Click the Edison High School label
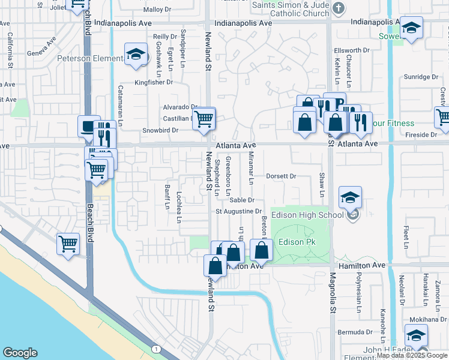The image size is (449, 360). [307, 215]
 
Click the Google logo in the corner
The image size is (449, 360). [20, 353]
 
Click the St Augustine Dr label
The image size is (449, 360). [239, 211]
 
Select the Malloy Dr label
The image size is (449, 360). [157, 10]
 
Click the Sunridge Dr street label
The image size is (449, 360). [421, 77]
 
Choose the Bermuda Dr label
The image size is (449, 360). [351, 332]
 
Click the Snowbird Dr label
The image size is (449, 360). [161, 130]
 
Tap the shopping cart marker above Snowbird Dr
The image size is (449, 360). [204, 119]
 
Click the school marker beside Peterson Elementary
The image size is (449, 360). [136, 55]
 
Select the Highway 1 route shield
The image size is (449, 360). [156, 349]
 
